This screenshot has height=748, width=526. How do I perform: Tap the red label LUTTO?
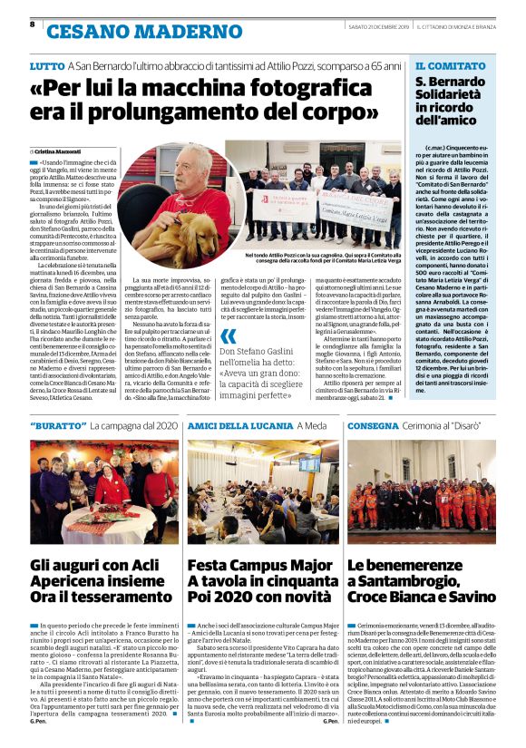coord(46,66)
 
